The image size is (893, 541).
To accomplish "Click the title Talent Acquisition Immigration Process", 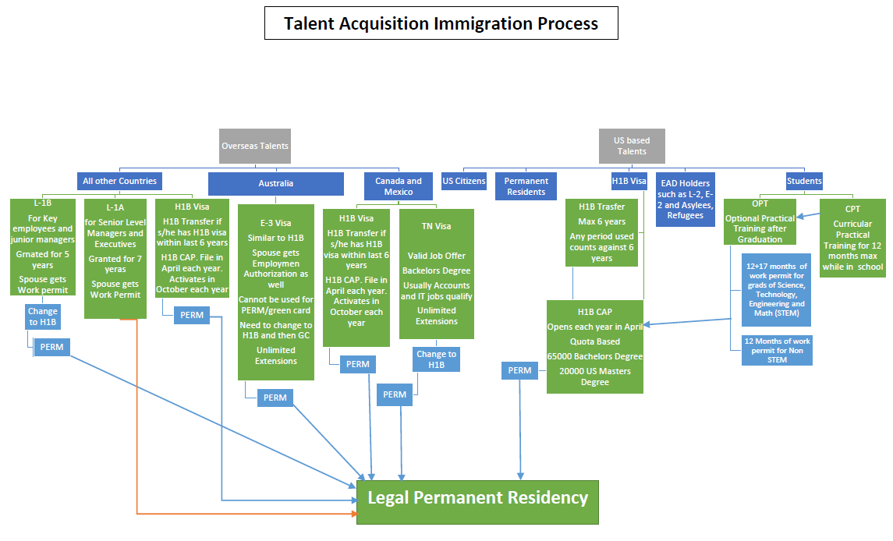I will coord(441,23).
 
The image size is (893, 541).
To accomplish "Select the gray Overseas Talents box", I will coord(254,146).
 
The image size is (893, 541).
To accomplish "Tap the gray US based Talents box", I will coord(632,146).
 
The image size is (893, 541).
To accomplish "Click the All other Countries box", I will coord(119,181).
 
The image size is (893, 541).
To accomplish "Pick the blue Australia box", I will coord(275,184).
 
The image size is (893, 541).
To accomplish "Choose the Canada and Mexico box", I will coord(398,186).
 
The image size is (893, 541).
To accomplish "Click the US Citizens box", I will coord(464,181).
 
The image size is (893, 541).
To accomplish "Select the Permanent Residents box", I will coord(526,186).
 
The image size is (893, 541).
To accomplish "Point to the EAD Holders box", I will coord(686,199).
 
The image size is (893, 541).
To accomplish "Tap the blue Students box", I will coord(803,181).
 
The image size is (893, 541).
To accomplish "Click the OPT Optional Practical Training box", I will coord(760,221).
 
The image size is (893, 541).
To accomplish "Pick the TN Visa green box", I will coord(436,274).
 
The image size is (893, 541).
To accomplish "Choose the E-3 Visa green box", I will coord(275,292).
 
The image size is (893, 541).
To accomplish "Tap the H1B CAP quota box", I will coord(595,346).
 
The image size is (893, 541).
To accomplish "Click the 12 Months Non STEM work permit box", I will coord(776,350).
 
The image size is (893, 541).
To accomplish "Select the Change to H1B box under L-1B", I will coord(43,316).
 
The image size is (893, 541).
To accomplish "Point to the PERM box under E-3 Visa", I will coord(275,398).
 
